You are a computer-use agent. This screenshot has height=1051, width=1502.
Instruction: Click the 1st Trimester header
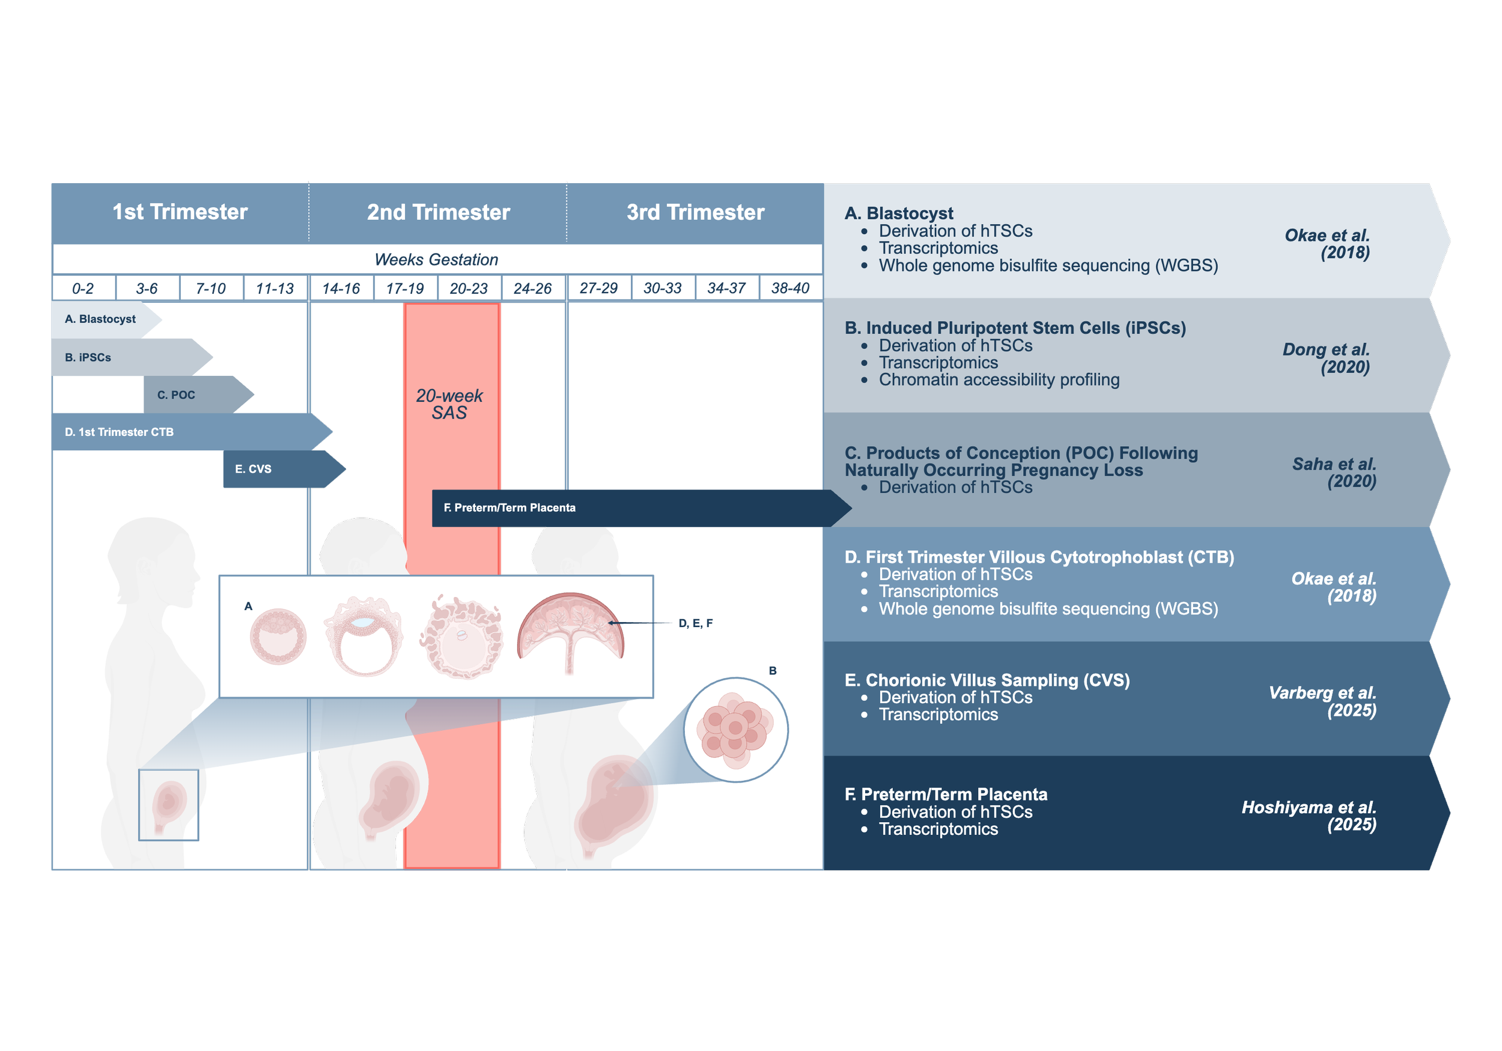(180, 212)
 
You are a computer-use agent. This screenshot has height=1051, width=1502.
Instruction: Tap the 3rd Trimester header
(695, 213)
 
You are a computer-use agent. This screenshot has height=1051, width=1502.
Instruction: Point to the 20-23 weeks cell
(469, 288)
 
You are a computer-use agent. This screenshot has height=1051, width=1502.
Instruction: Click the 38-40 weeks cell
(790, 288)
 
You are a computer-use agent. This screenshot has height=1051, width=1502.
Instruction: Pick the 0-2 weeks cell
(83, 288)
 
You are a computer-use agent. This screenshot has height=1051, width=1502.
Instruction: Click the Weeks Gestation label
(436, 259)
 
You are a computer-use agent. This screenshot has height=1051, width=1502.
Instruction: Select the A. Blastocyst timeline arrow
(102, 319)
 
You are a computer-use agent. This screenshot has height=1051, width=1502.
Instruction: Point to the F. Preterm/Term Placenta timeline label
(509, 507)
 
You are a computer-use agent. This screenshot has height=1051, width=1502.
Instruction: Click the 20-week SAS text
(449, 404)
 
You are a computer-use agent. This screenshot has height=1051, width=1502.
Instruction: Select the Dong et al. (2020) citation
(1327, 358)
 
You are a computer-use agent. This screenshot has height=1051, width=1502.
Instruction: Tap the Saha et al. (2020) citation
(1334, 472)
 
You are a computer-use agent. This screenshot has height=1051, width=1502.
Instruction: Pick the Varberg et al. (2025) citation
(1323, 701)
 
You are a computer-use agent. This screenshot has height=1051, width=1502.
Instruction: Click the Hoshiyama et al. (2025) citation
(1309, 816)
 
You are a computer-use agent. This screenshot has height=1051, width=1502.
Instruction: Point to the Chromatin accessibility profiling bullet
(999, 380)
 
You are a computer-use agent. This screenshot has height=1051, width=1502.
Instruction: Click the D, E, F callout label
(695, 623)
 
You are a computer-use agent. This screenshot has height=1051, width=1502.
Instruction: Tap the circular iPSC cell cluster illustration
(736, 730)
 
